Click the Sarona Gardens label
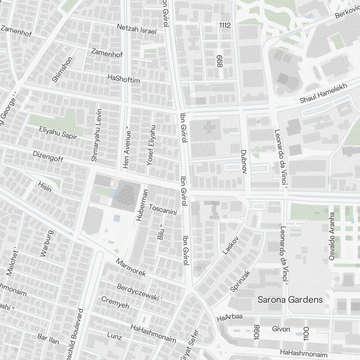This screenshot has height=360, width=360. click(x=290, y=300)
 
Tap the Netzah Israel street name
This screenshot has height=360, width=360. click(x=137, y=29)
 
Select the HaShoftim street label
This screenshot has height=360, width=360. click(x=123, y=78)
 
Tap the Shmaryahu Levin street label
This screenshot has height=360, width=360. click(x=97, y=135)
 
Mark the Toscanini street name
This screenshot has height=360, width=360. click(x=163, y=210)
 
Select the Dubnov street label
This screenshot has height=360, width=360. click(x=243, y=162)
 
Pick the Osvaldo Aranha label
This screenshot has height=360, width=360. click(x=332, y=236)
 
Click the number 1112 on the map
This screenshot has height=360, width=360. click(x=225, y=25)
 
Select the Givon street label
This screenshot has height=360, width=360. click(x=281, y=329)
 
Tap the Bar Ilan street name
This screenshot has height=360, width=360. click(x=48, y=339)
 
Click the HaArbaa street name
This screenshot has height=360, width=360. click(x=230, y=318)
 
